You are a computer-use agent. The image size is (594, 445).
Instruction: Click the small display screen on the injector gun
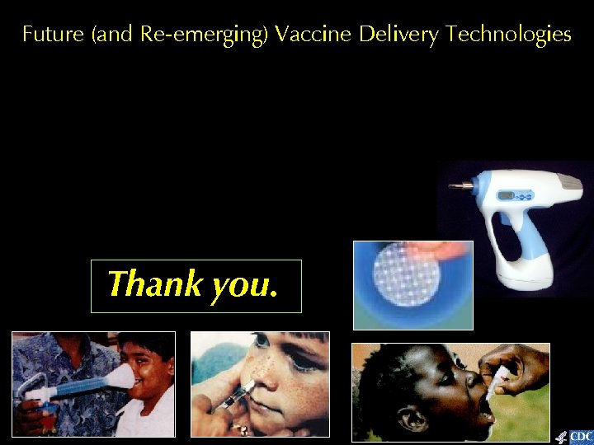[507, 196]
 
